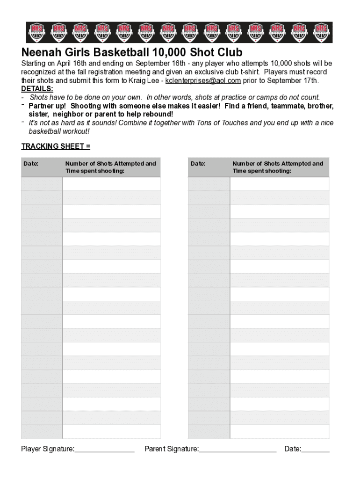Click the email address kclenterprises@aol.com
pos(203,80)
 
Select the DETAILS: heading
pos(37,89)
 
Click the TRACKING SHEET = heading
pos(56,146)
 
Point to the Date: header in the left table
pos(31,164)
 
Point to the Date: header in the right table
pos(198,164)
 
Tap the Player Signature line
pos(104,450)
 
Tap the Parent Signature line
pos(238,450)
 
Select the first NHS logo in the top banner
pos(36,32)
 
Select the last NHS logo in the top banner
pos(321,32)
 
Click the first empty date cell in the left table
pos(42,184)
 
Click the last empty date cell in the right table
pos(209,431)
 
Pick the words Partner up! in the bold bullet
pos(47,106)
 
